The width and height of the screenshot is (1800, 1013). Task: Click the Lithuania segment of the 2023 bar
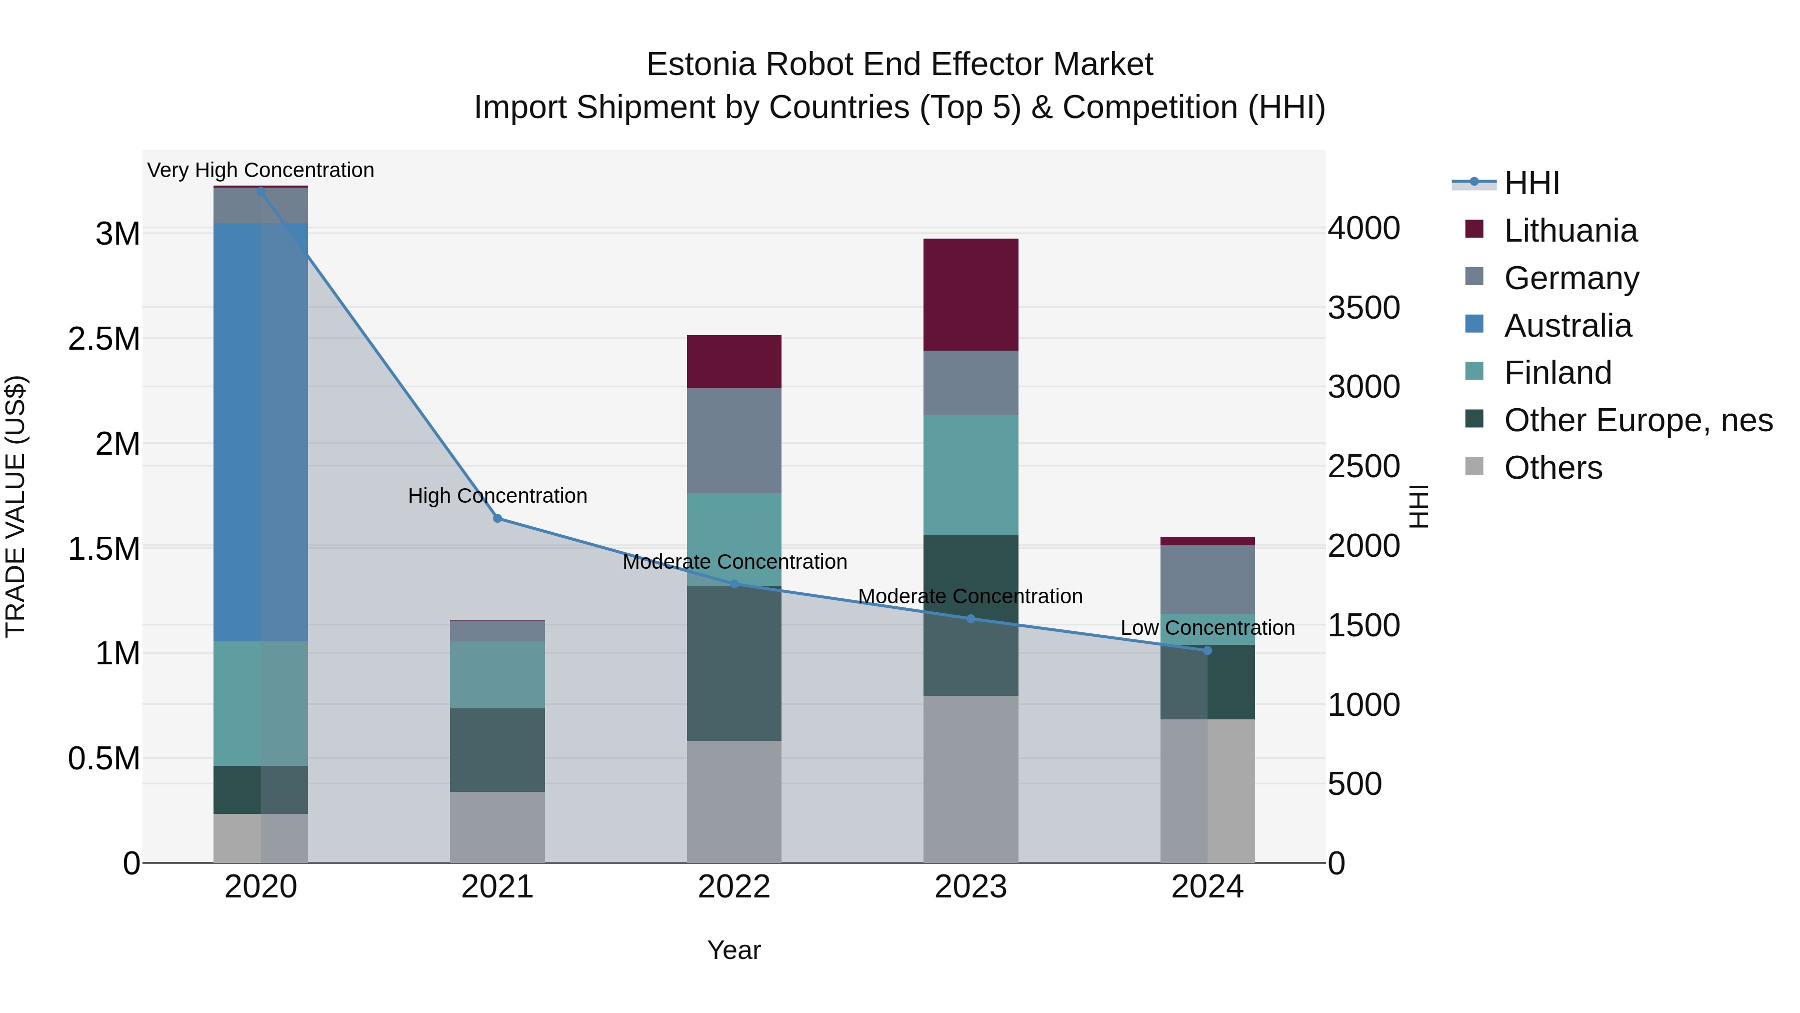coord(970,294)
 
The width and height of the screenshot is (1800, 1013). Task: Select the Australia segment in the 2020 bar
coord(260,432)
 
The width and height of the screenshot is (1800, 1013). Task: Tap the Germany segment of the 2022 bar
coord(733,440)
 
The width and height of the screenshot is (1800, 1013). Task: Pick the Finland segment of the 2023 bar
coord(970,475)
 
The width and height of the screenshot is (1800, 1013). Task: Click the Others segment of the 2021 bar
coord(497,826)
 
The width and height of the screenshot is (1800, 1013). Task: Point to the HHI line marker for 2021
coord(497,519)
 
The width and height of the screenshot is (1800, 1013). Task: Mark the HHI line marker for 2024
coord(1207,651)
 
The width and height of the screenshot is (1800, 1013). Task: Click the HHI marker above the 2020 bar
coord(260,191)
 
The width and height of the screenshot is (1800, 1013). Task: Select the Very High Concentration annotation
coord(260,171)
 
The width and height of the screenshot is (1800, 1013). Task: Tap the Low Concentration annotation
coord(1207,628)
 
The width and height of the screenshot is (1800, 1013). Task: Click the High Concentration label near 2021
coord(497,496)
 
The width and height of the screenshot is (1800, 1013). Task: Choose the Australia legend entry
coord(1567,326)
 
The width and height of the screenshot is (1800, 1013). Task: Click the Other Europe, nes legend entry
coord(1638,420)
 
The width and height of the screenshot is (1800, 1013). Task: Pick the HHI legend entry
coord(1531,183)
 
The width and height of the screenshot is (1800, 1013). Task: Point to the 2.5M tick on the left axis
coord(103,339)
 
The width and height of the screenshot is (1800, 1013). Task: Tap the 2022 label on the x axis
coord(733,887)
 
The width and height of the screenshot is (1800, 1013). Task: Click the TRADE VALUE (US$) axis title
coord(15,506)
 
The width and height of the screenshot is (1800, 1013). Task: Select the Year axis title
coord(733,950)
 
